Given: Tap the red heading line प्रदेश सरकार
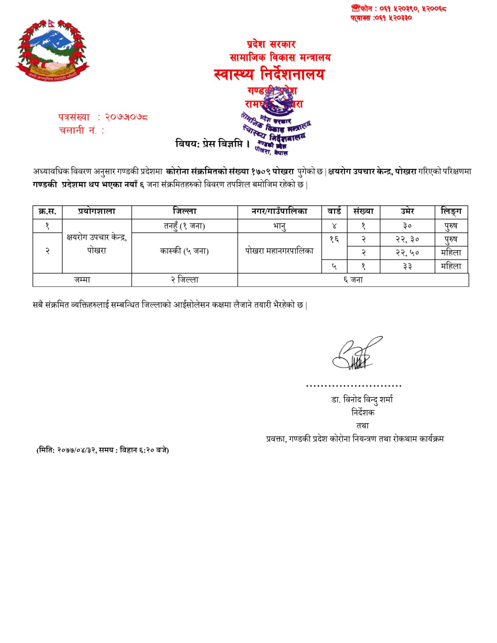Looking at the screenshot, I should [x=271, y=44].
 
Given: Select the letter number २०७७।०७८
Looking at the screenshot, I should [x=126, y=117].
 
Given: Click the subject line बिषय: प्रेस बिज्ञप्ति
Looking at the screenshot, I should [x=213, y=144].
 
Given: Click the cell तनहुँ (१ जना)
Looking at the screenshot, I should [x=184, y=226].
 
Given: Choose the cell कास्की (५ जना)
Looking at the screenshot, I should [x=184, y=252].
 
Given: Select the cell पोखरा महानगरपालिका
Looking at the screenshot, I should [x=279, y=252].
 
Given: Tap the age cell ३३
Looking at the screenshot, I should [x=407, y=266].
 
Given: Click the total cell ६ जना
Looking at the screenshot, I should [x=353, y=280].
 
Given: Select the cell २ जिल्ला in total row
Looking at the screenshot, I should [x=184, y=280].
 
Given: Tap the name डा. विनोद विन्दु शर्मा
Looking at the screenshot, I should [x=362, y=399].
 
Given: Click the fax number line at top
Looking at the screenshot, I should [x=381, y=18].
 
